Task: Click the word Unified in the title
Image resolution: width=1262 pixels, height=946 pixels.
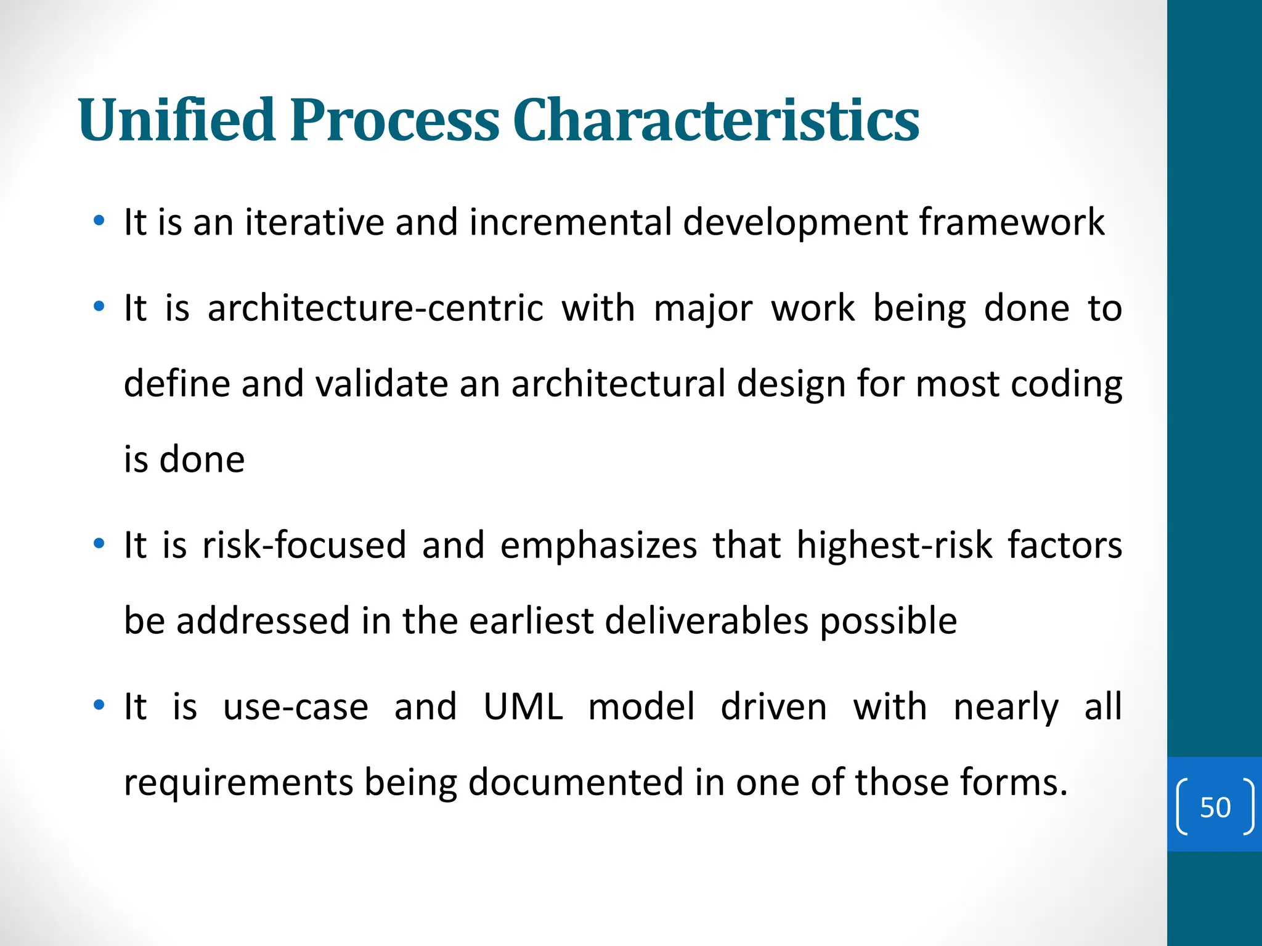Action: pos(176,120)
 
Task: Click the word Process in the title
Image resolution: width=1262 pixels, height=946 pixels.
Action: pos(394,120)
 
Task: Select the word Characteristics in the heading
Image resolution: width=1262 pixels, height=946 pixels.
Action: pos(715,120)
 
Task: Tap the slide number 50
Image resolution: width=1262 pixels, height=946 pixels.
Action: pos(1215,807)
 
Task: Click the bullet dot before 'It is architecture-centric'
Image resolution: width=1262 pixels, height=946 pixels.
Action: pos(99,307)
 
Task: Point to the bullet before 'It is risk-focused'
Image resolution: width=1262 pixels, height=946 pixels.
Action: pos(99,544)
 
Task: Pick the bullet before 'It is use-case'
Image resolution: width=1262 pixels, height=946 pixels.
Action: pos(99,705)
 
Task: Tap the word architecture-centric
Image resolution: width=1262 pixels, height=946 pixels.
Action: pos(375,308)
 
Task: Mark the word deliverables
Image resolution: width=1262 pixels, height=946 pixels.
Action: pos(706,620)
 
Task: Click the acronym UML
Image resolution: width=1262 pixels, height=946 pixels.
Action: pos(523,706)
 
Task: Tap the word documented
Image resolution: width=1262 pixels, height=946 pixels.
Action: pos(576,782)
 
